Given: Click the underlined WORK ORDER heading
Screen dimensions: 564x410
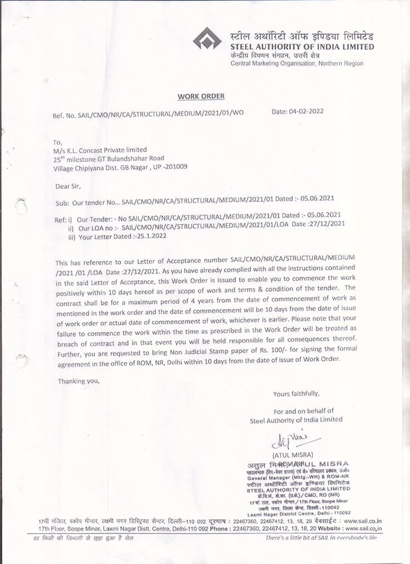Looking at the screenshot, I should pyautogui.click(x=193, y=96).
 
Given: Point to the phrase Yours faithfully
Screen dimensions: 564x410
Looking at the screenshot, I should pyautogui.click(x=296, y=394).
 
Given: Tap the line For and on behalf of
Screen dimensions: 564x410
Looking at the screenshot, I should pyautogui.click(x=304, y=411).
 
